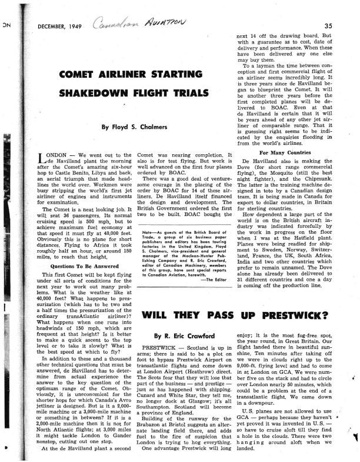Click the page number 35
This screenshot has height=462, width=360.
[x=329, y=25]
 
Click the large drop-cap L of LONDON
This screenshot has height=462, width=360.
[x=41, y=159]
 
